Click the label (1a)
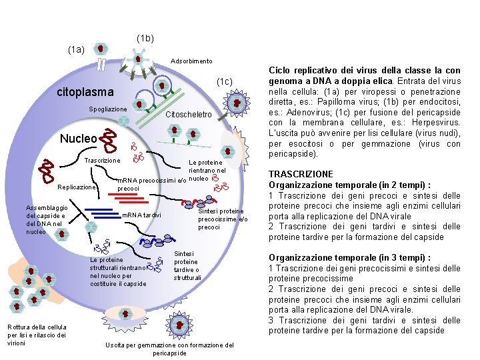(76, 49)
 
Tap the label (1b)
(145, 39)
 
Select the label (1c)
(223, 81)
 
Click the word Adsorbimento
(191, 61)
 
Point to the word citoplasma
(85, 91)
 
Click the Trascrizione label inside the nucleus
(102, 161)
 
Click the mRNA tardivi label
(141, 215)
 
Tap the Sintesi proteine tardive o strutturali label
(186, 265)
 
